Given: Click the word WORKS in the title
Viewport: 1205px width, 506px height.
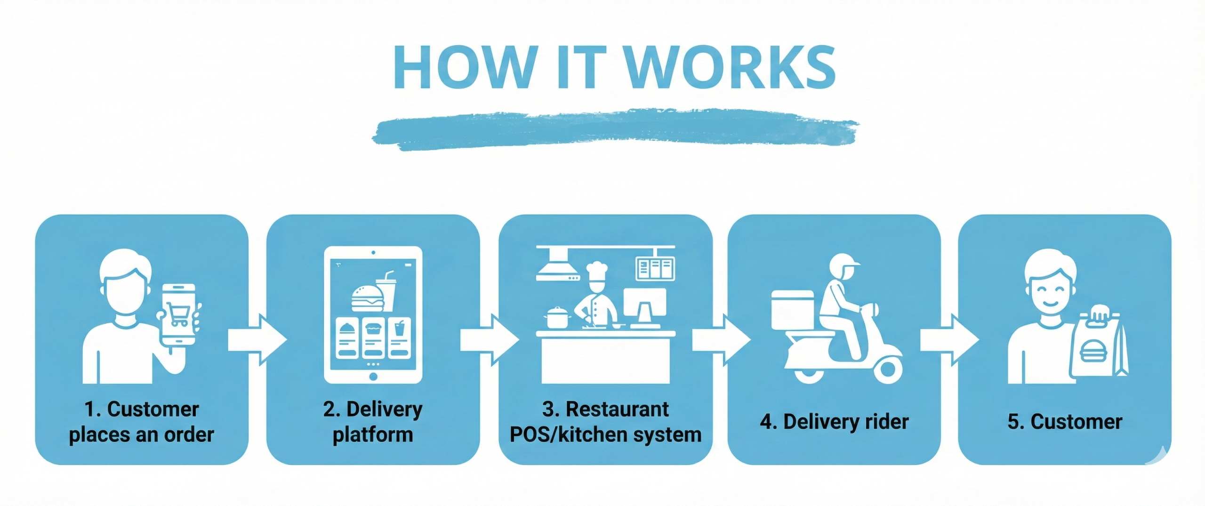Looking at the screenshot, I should tap(731, 67).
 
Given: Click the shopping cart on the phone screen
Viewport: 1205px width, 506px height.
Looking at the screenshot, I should tap(179, 314).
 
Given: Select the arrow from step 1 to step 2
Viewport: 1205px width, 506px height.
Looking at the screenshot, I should tap(257, 340).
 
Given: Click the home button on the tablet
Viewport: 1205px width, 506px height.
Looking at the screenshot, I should tap(373, 376).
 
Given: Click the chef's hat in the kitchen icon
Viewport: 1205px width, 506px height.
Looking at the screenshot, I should tap(597, 272).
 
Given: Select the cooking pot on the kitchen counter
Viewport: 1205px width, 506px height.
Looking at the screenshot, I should tap(557, 318).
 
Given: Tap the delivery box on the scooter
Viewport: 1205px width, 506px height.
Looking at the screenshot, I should tap(792, 310).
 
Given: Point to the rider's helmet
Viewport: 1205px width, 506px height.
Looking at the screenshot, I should tap(843, 266).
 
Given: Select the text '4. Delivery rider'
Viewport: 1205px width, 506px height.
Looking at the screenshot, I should tap(834, 422).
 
